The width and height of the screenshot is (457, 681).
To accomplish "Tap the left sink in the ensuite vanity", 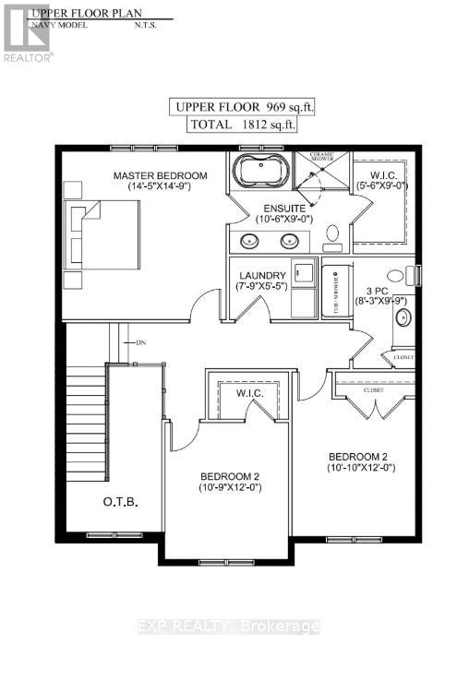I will (249, 242).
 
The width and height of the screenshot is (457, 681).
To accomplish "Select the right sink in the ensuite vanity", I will (289, 242).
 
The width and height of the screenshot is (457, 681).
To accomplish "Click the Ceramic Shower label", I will (322, 157).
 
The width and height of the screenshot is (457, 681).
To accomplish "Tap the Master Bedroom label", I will (160, 175).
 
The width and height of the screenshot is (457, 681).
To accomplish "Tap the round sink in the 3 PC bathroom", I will (403, 318).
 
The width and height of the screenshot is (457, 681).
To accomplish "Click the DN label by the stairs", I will (140, 342).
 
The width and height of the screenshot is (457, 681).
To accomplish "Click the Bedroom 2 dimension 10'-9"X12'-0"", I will (231, 488).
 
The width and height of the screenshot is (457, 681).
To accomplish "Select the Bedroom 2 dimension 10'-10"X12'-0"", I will (361, 468).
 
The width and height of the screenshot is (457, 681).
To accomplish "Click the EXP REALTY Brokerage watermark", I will (228, 627).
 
